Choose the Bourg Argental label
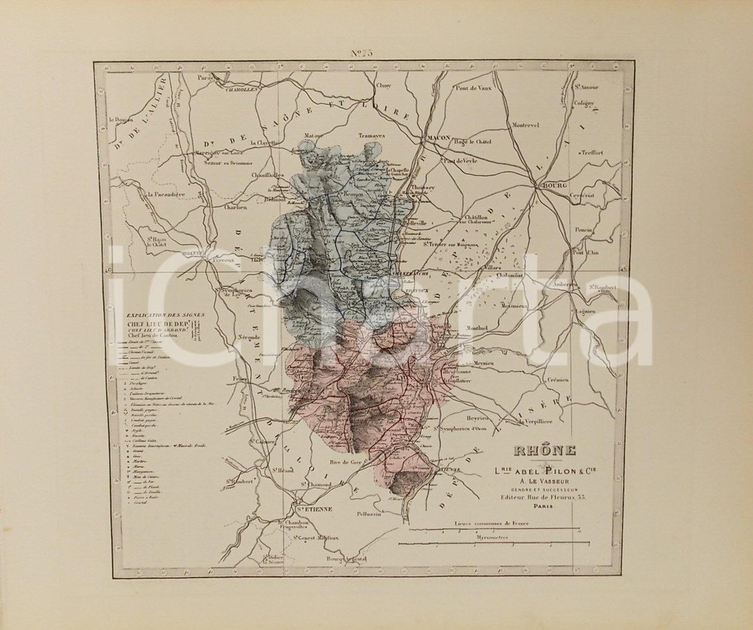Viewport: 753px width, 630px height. [346, 558]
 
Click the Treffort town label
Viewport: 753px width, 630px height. [592, 152]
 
